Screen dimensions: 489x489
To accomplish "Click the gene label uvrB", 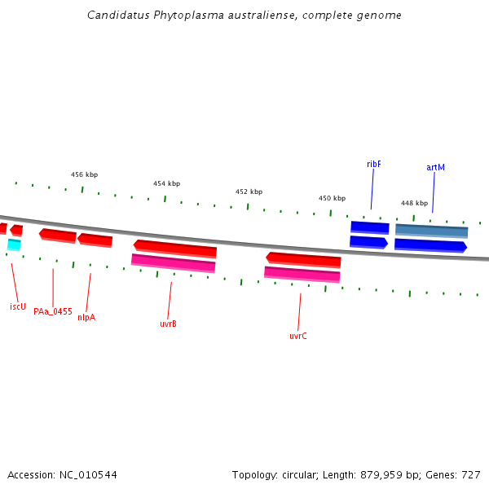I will tap(168, 324).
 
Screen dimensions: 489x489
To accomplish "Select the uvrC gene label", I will tap(298, 336).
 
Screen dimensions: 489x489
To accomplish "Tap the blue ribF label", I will tap(374, 164).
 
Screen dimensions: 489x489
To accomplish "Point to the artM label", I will tap(435, 167).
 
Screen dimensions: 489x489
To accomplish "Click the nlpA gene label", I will tap(86, 317).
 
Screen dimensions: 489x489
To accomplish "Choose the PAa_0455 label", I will tap(53, 311).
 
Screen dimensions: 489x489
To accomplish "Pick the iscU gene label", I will tap(18, 306).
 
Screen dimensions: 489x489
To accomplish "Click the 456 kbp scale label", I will tap(84, 174).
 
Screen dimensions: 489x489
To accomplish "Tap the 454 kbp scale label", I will tap(166, 183).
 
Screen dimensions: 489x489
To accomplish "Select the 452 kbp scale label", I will tap(249, 192).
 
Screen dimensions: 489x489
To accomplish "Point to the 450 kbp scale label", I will tap(332, 198).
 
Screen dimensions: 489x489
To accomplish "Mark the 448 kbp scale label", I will tap(414, 203).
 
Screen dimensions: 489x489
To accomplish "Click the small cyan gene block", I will tap(14, 244).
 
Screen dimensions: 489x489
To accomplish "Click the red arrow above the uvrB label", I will tap(175, 248).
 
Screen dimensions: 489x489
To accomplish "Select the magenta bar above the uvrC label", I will tap(302, 274).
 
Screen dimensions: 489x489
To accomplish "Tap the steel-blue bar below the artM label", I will tap(431, 231).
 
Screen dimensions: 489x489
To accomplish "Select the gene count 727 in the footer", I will tap(471, 474).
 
